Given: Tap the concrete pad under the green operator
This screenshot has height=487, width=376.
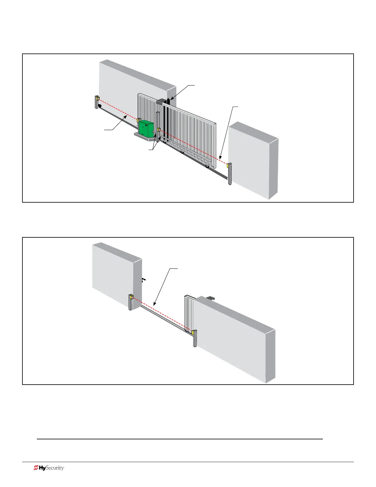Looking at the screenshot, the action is (144, 137).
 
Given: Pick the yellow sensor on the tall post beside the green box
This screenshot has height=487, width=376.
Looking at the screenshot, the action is (159, 130).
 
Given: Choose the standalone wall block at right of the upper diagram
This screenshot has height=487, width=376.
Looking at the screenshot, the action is (253, 160).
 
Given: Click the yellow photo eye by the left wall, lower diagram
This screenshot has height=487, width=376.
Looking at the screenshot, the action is (131, 297).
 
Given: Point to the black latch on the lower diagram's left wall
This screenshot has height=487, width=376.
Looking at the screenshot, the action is (144, 279).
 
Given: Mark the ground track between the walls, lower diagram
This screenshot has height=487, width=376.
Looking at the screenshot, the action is (163, 318).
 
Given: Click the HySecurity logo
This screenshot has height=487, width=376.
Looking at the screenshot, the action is (49, 468).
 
